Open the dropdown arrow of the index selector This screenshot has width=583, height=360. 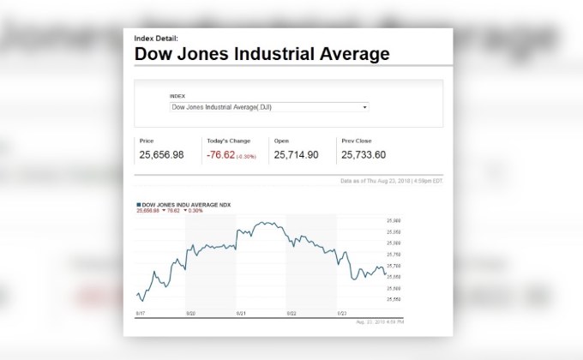click(x=365, y=107)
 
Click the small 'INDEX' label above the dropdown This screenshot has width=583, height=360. click(x=177, y=96)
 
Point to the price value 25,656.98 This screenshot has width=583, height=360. click(x=161, y=154)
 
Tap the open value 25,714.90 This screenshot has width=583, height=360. click(x=296, y=154)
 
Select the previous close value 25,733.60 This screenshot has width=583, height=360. click(x=364, y=154)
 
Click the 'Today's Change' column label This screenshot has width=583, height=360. click(x=227, y=140)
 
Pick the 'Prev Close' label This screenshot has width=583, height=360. click(x=354, y=140)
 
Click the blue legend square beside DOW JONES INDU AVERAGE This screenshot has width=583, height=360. click(x=138, y=205)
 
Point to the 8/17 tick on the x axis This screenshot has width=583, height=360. click(x=140, y=315)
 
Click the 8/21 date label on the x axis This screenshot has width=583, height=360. click(x=241, y=315)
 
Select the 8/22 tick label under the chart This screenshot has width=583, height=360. click(x=291, y=315)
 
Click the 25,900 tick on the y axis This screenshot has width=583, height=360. click(x=395, y=220)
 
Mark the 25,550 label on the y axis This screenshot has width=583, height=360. click(x=395, y=299)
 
